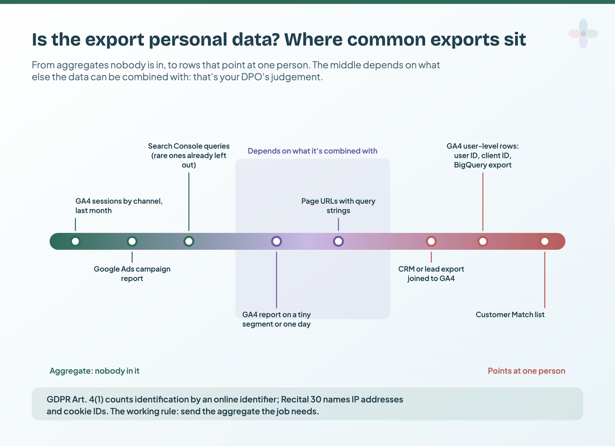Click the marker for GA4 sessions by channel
pos(75,241)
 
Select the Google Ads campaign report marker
pos(132,241)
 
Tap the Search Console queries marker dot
pos(189,241)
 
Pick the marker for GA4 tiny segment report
pos(276,241)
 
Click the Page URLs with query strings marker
pos(338,241)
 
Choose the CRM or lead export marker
pos(431,241)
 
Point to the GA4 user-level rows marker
pos(483,241)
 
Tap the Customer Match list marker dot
pos(545,241)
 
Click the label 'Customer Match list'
pos(510,315)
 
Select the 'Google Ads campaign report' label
pos(132,274)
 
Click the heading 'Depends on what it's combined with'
pos(312,151)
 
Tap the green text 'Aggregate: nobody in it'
pos(95,371)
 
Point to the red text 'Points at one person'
pos(526,371)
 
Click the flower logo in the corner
pos(583,33)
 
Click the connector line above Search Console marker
pos(189,202)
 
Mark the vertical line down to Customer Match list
pos(545,280)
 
